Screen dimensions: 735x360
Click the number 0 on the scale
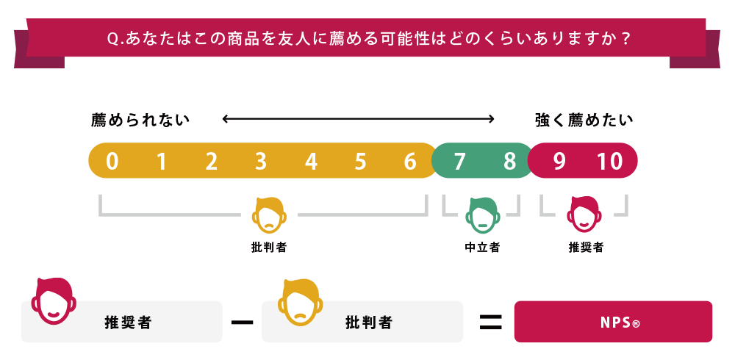tap(112, 161)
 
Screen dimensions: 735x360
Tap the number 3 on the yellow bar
tap(261, 161)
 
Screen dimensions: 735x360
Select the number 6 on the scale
tap(410, 161)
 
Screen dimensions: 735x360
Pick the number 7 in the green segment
tap(460, 161)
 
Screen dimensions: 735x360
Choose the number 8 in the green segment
tap(509, 161)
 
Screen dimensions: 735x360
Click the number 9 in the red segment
tap(559, 161)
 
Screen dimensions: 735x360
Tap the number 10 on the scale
tap(609, 161)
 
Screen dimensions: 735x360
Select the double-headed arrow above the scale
tap(359, 118)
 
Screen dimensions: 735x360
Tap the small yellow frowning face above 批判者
tap(269, 214)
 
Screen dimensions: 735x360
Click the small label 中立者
tap(482, 248)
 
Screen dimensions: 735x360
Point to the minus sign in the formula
tap(242, 321)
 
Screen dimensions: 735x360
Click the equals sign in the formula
tap(490, 321)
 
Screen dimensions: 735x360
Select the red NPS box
tap(613, 322)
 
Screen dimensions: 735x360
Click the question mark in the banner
tap(625, 37)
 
